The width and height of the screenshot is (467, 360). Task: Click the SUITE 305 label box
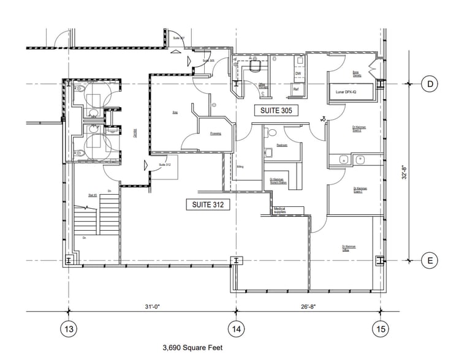[276, 110]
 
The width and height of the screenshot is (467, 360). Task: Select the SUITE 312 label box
[208, 205]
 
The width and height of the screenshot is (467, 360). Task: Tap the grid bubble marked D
[430, 84]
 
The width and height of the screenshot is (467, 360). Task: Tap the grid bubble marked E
[430, 261]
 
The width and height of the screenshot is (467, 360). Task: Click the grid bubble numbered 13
[69, 329]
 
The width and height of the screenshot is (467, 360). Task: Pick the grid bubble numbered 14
[235, 329]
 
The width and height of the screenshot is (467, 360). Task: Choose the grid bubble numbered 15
[381, 329]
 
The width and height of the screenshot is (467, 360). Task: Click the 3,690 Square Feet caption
[192, 348]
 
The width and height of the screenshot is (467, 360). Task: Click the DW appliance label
[298, 73]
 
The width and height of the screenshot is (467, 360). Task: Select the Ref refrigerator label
[295, 89]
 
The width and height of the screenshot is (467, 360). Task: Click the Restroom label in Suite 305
[282, 145]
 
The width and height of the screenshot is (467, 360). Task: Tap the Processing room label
[215, 133]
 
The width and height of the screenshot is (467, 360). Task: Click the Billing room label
[241, 166]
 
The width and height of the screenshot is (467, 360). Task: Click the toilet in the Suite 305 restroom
[268, 151]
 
